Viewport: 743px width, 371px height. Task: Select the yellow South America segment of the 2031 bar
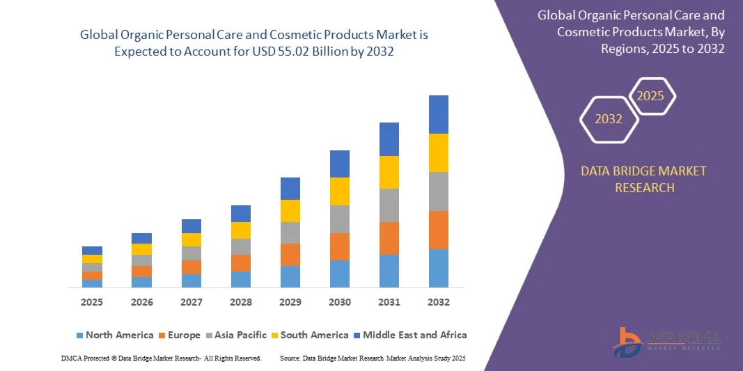point(389,172)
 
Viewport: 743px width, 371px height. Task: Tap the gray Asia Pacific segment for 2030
point(339,219)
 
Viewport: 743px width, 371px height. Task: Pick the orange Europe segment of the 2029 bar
point(290,254)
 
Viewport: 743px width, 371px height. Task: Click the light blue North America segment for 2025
point(92,283)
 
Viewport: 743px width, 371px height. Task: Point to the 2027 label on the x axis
point(191,302)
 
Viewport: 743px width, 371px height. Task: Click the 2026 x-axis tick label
point(141,302)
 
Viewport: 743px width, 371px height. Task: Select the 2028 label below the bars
point(240,302)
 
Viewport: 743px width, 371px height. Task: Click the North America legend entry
point(114,335)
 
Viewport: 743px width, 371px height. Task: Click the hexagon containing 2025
point(651,96)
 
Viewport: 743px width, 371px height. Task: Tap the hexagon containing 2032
point(609,119)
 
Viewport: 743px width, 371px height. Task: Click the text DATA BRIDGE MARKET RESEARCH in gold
point(643,179)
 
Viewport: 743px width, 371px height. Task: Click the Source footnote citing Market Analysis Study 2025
point(372,358)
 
